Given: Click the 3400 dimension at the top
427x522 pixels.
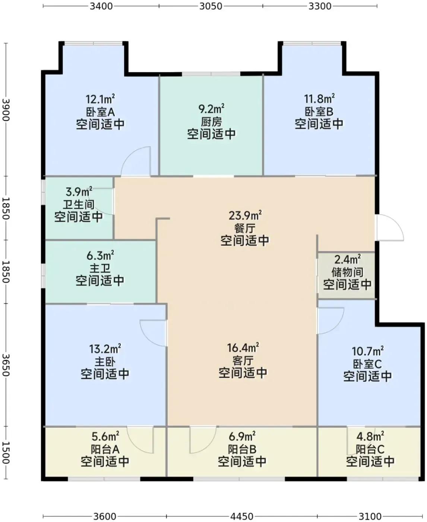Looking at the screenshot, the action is (x=101, y=6).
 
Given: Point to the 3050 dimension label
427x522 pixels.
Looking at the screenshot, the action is (x=211, y=6).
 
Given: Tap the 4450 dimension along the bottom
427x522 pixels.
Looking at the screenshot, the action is (x=241, y=516).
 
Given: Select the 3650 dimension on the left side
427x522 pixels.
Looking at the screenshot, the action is (x=6, y=365).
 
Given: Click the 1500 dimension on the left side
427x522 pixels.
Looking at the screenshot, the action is (x=6, y=453).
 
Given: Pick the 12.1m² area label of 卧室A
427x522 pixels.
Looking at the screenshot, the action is (x=100, y=100).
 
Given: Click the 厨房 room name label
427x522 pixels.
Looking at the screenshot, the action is (x=211, y=122).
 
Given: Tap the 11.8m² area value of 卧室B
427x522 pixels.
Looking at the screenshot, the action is (x=319, y=99).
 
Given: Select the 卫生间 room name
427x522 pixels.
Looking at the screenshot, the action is (x=78, y=205).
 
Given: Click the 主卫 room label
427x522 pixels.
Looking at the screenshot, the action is (x=100, y=268).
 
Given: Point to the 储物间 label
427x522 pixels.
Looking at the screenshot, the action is (x=347, y=272).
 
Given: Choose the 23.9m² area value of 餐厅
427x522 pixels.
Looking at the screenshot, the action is (x=245, y=216).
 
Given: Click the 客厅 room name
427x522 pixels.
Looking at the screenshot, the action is (x=243, y=361).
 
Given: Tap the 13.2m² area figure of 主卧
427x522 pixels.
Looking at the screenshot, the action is (x=105, y=349).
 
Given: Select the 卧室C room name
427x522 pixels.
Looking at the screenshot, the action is (x=367, y=364).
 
